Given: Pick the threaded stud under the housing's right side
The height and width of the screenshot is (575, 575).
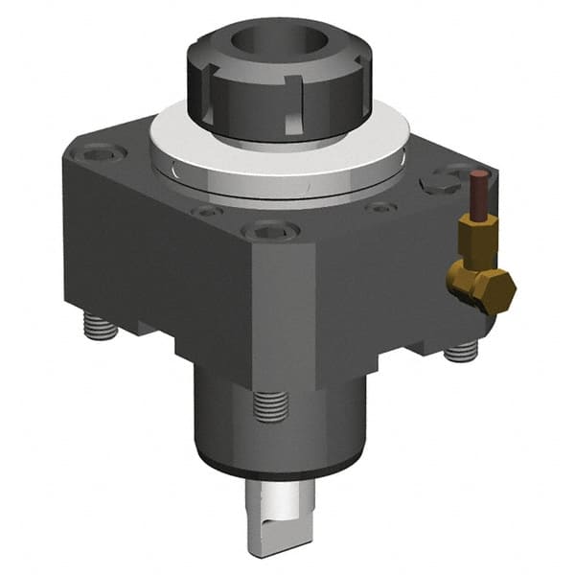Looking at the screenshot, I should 462,353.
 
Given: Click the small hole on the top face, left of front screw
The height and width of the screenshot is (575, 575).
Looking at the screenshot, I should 204,212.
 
